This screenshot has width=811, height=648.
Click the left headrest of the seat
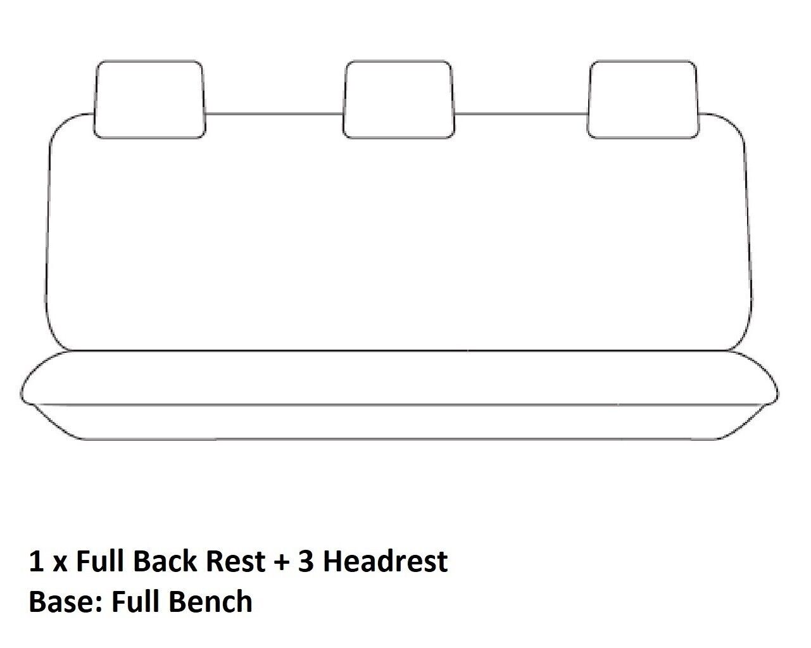149,99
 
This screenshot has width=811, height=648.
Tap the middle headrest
398,99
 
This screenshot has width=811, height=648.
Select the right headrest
643,99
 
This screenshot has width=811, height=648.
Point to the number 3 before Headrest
306,561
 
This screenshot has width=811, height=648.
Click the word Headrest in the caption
386,561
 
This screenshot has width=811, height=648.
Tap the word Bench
210,601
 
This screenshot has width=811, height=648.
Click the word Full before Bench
134,601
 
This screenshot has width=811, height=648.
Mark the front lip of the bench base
399,422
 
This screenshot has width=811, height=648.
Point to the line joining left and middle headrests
274,115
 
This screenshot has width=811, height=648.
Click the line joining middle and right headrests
521,115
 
